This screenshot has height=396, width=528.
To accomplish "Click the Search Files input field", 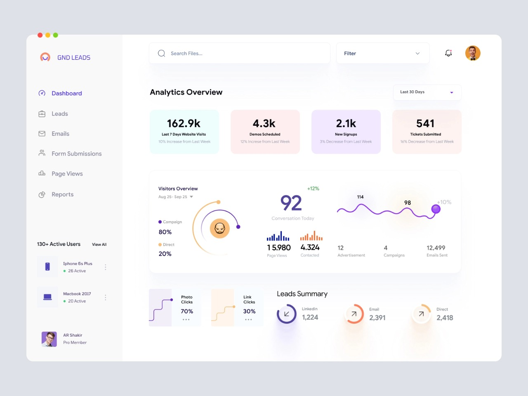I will click(239, 53).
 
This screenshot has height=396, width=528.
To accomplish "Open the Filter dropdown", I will click(382, 53).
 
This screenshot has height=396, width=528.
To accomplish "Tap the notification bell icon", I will click(448, 53).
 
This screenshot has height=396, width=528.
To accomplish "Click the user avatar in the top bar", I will click(473, 53).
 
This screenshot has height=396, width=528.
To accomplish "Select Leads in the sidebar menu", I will click(59, 114).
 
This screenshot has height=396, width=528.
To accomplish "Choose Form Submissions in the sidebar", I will click(76, 154).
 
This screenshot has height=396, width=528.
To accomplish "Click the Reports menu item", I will click(62, 194).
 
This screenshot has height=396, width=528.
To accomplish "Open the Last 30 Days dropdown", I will click(427, 92).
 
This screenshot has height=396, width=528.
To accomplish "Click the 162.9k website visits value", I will click(184, 123).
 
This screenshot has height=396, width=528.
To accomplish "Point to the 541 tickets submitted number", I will click(425, 123).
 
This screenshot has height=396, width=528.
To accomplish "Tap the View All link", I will click(99, 245).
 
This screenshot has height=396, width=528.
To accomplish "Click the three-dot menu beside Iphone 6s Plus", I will click(106, 267).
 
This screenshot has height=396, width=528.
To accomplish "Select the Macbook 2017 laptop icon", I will click(47, 297).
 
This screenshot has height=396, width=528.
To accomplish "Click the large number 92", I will click(291, 203).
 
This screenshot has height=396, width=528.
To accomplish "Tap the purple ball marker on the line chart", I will click(436, 209).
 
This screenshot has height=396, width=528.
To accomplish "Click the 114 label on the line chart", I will click(360, 197).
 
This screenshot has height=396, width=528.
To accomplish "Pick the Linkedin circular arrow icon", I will click(286, 314).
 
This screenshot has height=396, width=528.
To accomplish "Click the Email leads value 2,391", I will click(377, 318).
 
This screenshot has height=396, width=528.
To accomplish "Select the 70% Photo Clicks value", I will click(187, 311).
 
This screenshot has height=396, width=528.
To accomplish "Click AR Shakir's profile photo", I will click(49, 339).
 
